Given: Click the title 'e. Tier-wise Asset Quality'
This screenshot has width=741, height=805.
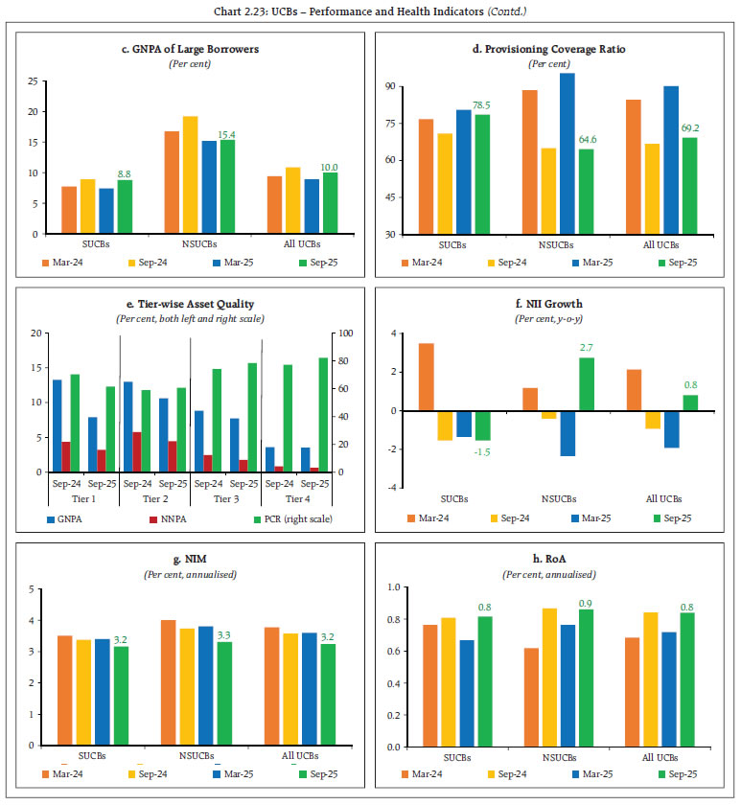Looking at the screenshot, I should (184, 304).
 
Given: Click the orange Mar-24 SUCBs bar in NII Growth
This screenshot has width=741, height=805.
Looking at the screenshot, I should (426, 377).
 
